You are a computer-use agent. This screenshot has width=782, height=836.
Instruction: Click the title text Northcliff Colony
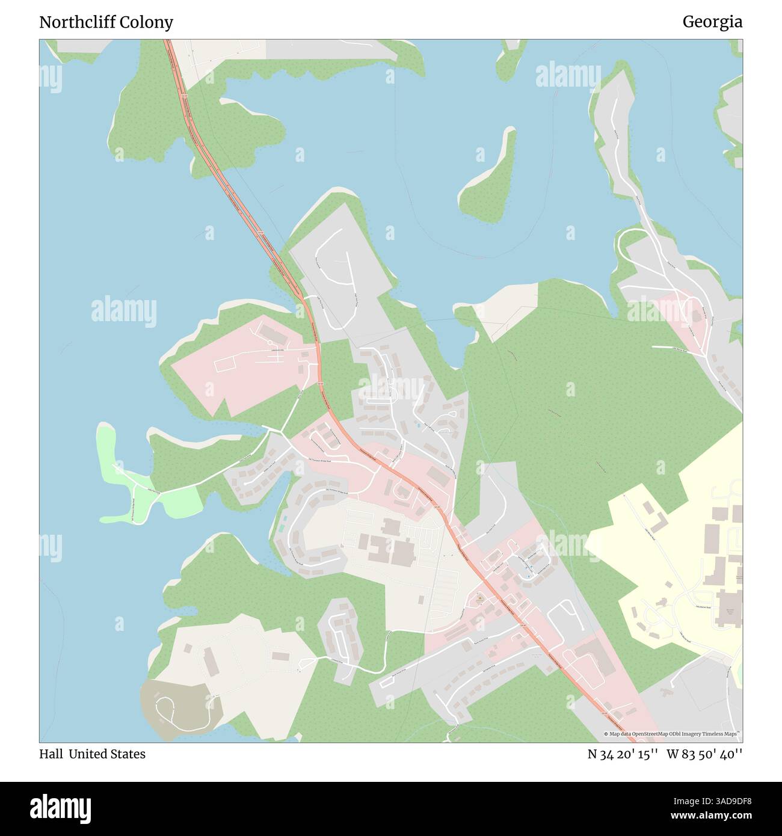[x=106, y=22]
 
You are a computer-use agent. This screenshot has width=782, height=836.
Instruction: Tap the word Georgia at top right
[x=712, y=22]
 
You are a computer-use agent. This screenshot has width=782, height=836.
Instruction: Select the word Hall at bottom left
[x=51, y=754]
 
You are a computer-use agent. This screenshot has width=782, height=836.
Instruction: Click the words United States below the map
[x=106, y=754]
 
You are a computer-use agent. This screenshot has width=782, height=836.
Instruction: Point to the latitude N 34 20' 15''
[x=623, y=754]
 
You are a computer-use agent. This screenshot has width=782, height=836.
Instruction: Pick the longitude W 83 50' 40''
[x=704, y=754]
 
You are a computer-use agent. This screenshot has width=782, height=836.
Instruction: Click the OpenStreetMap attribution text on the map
[x=673, y=734]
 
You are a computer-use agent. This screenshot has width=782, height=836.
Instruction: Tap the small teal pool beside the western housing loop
[x=282, y=527]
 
